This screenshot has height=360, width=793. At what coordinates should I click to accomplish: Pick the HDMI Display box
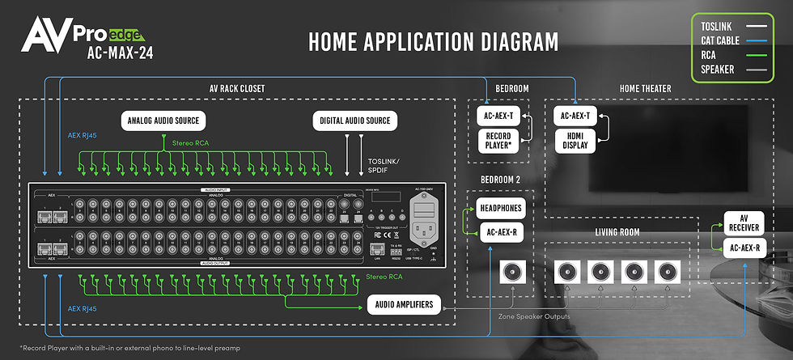(575, 141)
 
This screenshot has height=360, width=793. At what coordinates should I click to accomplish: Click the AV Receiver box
(744, 224)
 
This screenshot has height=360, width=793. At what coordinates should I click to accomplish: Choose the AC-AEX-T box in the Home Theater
(575, 116)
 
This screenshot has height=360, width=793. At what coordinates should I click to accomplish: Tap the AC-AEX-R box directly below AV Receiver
(744, 248)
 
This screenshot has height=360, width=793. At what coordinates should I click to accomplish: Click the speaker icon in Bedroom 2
(512, 271)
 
